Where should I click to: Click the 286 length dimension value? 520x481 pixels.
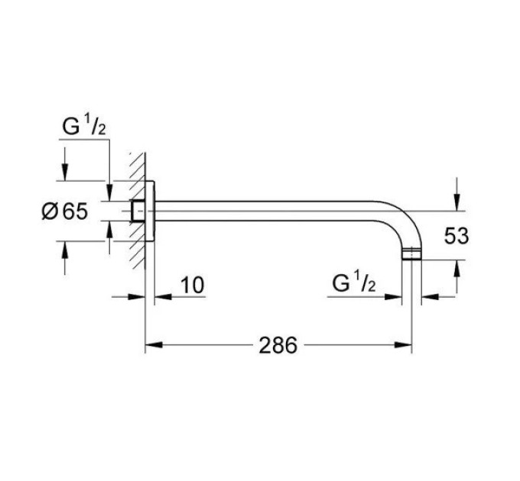(x=278, y=345)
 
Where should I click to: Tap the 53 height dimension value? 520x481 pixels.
(x=457, y=236)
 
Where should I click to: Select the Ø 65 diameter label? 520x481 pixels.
(x=65, y=211)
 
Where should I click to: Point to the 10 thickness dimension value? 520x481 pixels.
(x=193, y=286)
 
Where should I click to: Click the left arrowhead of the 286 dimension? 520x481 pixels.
(x=154, y=345)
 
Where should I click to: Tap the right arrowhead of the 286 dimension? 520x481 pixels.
(x=403, y=345)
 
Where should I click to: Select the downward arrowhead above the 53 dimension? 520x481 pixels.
(x=457, y=202)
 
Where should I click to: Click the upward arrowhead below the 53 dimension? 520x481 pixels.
(x=457, y=269)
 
